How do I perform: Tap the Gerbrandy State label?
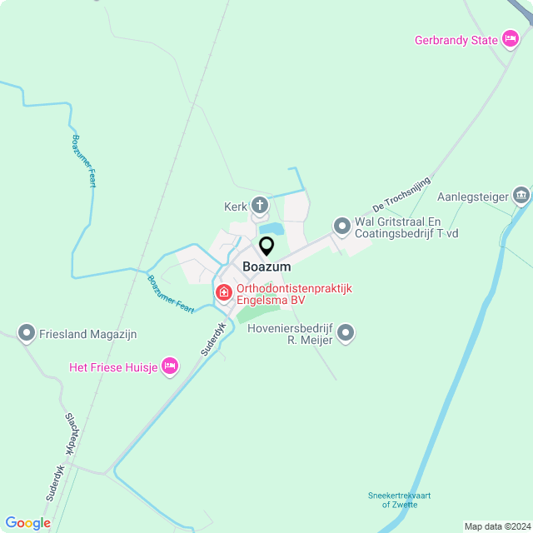point(456,40)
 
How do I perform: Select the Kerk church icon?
point(260,205)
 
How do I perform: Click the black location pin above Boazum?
point(266,247)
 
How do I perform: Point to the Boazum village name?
point(266,266)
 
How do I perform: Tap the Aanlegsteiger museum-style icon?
point(521,197)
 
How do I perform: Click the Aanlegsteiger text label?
point(472,197)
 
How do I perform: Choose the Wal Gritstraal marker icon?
point(341,226)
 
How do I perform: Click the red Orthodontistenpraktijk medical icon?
point(224,292)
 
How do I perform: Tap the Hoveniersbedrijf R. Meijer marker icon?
point(346,334)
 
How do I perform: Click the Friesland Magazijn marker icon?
point(27,334)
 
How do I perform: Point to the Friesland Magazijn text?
point(87,334)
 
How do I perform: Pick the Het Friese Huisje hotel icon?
point(170,366)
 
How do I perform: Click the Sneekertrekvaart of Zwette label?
point(400,500)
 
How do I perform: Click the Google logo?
point(27,523)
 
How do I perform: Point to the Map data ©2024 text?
point(496,526)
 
